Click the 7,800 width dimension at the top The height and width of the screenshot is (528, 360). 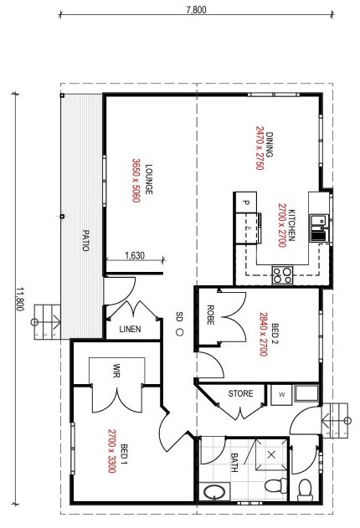point(197,9)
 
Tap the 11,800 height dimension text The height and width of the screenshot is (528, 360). point(20,299)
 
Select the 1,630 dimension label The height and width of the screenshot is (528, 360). point(135,255)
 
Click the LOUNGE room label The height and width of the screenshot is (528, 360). point(148,179)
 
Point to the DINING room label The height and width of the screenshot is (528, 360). point(269,145)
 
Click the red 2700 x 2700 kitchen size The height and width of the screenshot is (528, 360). point(282,225)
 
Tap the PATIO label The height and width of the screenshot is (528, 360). point(86,240)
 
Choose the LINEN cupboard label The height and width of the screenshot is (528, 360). point(130,329)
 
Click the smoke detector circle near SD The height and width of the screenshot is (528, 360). point(179,332)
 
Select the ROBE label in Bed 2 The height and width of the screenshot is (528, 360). point(210,315)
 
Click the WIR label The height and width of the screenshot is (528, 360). point(116,370)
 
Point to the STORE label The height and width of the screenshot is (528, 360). point(240,393)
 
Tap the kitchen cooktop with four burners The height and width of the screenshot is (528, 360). point(282,274)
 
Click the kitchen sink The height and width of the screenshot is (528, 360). point(319,228)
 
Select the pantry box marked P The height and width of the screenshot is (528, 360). point(246,202)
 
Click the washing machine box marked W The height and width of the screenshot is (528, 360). point(281,395)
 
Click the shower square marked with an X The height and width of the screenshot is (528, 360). point(271,455)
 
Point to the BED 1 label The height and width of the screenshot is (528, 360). point(124,454)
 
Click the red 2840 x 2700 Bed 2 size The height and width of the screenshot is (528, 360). point(264,335)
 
